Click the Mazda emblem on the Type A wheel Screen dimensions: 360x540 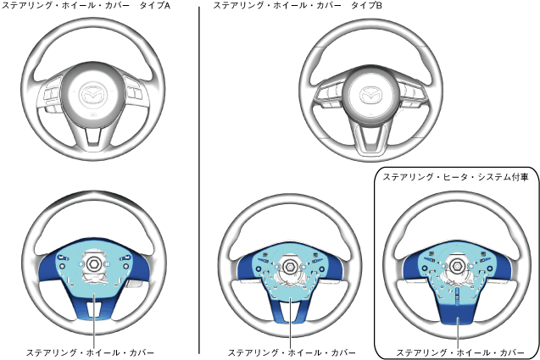[94, 94]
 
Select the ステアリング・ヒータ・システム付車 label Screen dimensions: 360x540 [455, 177]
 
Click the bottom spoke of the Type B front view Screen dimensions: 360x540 [370, 136]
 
